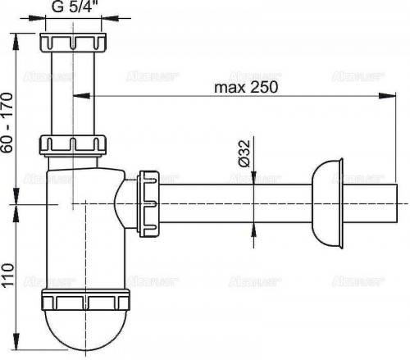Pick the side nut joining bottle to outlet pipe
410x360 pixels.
(x=148, y=202)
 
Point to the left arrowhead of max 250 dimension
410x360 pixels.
(x=77, y=95)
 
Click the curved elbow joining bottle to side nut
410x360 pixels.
(x=127, y=202)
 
